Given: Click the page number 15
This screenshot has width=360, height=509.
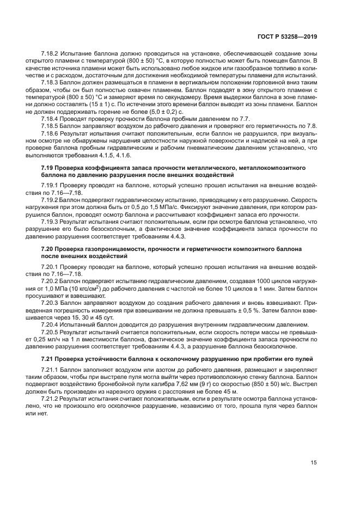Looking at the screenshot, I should tap(314, 462).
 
